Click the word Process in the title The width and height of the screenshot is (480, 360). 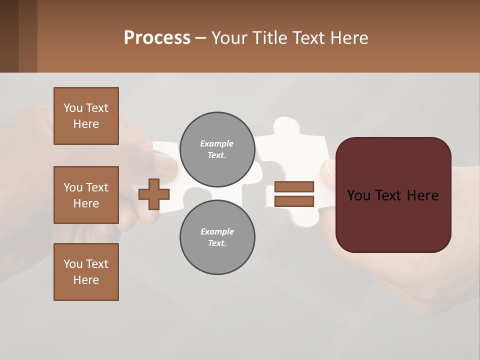157,37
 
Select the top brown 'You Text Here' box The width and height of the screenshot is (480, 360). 86,116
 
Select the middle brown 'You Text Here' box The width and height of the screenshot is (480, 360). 86,195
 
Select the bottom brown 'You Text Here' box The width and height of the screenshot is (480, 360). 86,272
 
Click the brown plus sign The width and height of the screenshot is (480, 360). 153,194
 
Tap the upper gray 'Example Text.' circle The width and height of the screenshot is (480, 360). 217,149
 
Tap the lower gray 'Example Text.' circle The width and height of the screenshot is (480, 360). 217,237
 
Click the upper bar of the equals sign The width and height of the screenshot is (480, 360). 294,186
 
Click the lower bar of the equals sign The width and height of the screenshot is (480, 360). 294,201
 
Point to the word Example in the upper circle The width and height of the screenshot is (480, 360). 217,143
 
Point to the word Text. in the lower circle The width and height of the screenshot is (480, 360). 217,243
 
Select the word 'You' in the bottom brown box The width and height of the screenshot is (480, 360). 72,264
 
